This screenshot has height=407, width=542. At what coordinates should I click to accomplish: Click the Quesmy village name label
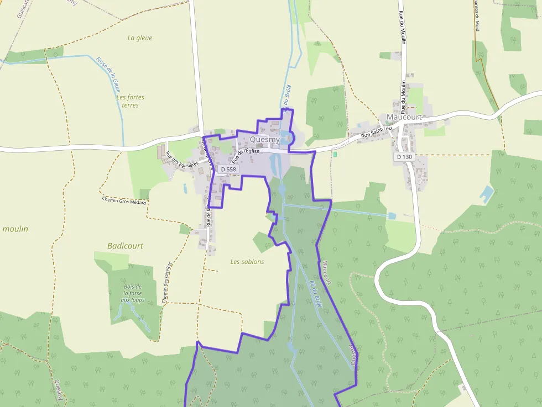(x=265, y=140)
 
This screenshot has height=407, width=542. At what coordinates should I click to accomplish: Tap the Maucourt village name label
(x=404, y=117)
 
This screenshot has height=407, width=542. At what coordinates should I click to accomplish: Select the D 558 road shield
(x=227, y=169)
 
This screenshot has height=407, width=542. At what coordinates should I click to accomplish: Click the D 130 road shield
(x=404, y=157)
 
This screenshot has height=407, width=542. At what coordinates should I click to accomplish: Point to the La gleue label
(x=139, y=38)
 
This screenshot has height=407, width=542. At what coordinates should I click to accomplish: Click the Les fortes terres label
(x=131, y=101)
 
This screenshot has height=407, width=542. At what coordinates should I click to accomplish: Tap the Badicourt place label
(x=125, y=246)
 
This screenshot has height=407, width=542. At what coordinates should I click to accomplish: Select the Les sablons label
(x=247, y=262)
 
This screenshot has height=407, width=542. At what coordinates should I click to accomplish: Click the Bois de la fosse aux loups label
(x=133, y=293)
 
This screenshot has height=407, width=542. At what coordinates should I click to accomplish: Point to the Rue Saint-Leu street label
(x=376, y=133)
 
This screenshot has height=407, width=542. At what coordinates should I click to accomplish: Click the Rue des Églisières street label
(x=182, y=161)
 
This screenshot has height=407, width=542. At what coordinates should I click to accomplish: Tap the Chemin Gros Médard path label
(x=124, y=201)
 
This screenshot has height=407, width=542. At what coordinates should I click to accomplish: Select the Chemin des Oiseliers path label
(x=165, y=282)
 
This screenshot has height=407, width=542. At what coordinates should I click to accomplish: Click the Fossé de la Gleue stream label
(x=108, y=74)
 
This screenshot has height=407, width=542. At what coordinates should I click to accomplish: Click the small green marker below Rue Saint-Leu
(x=335, y=154)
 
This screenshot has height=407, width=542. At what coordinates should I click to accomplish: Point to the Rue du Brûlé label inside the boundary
(x=316, y=294)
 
